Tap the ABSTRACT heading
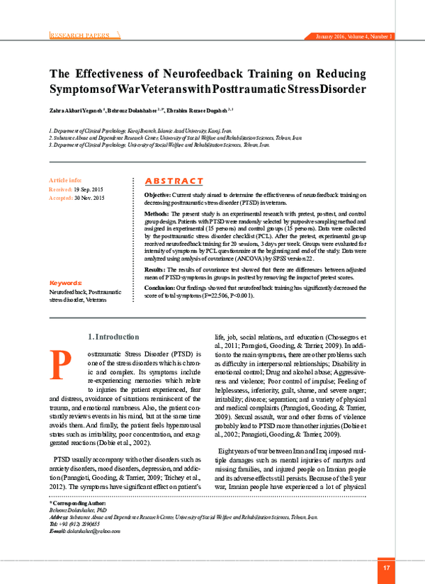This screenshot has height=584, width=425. pyautogui.click(x=174, y=181)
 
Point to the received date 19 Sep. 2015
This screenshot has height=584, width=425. pyautogui.click(x=88, y=190)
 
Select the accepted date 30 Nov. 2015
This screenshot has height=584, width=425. pyautogui.click(x=89, y=198)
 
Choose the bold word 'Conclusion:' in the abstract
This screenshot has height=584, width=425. pyautogui.click(x=159, y=288)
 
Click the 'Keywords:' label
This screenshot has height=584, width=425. pyautogui.click(x=67, y=282)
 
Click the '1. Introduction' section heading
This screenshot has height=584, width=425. pyautogui.click(x=113, y=337)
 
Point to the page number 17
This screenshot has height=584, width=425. pyautogui.click(x=387, y=568)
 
